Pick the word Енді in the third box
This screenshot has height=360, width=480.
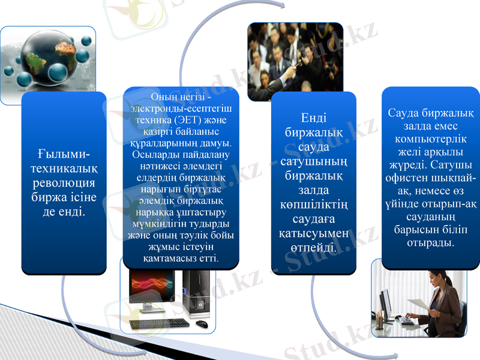[313, 118]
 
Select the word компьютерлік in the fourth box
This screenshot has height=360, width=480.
[430, 139]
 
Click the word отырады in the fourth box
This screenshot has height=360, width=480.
[430, 243]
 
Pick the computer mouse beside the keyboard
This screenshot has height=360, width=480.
[202, 324]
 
